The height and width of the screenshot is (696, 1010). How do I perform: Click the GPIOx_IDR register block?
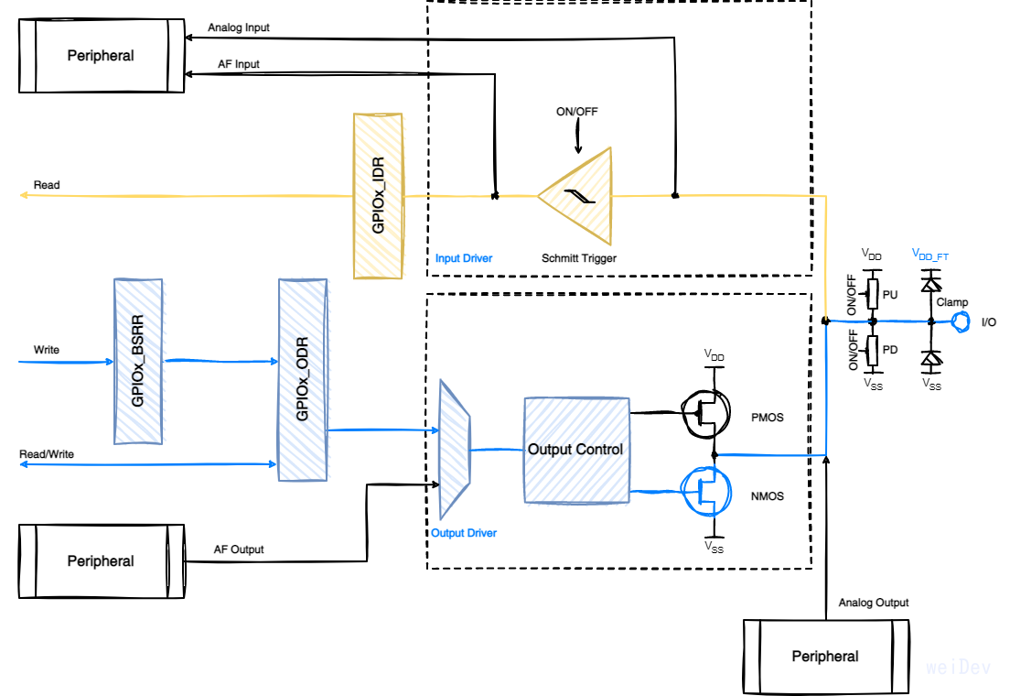pos(378,195)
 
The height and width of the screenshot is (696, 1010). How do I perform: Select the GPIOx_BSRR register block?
pos(138,362)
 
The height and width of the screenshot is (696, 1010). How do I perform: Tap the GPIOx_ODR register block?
pos(303,379)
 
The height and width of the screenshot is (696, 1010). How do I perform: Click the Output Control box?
pos(576,450)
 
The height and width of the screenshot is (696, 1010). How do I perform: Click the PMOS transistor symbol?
pos(705,415)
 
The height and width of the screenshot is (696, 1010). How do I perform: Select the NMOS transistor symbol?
pos(705,490)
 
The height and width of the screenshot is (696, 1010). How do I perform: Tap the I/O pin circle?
pos(962,321)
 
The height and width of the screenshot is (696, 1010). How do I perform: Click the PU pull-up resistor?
pos(873,294)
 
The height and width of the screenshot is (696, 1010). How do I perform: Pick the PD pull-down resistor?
pos(873,349)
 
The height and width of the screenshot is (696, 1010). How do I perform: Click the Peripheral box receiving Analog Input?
pos(101,56)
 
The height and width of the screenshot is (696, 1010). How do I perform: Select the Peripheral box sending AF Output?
pos(101,561)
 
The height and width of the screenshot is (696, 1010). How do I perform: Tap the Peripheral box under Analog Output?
pos(825,656)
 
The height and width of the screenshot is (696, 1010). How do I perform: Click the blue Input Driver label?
pos(464,258)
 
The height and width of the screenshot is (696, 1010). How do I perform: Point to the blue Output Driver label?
pos(464,533)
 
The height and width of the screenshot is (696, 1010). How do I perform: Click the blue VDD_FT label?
pos(930,256)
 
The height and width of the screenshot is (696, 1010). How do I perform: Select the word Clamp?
pos(951,301)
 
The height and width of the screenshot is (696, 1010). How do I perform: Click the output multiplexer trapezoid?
pos(455,449)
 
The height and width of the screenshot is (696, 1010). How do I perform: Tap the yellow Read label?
pos(47,185)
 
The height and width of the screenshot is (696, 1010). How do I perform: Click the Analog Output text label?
pos(874,603)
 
